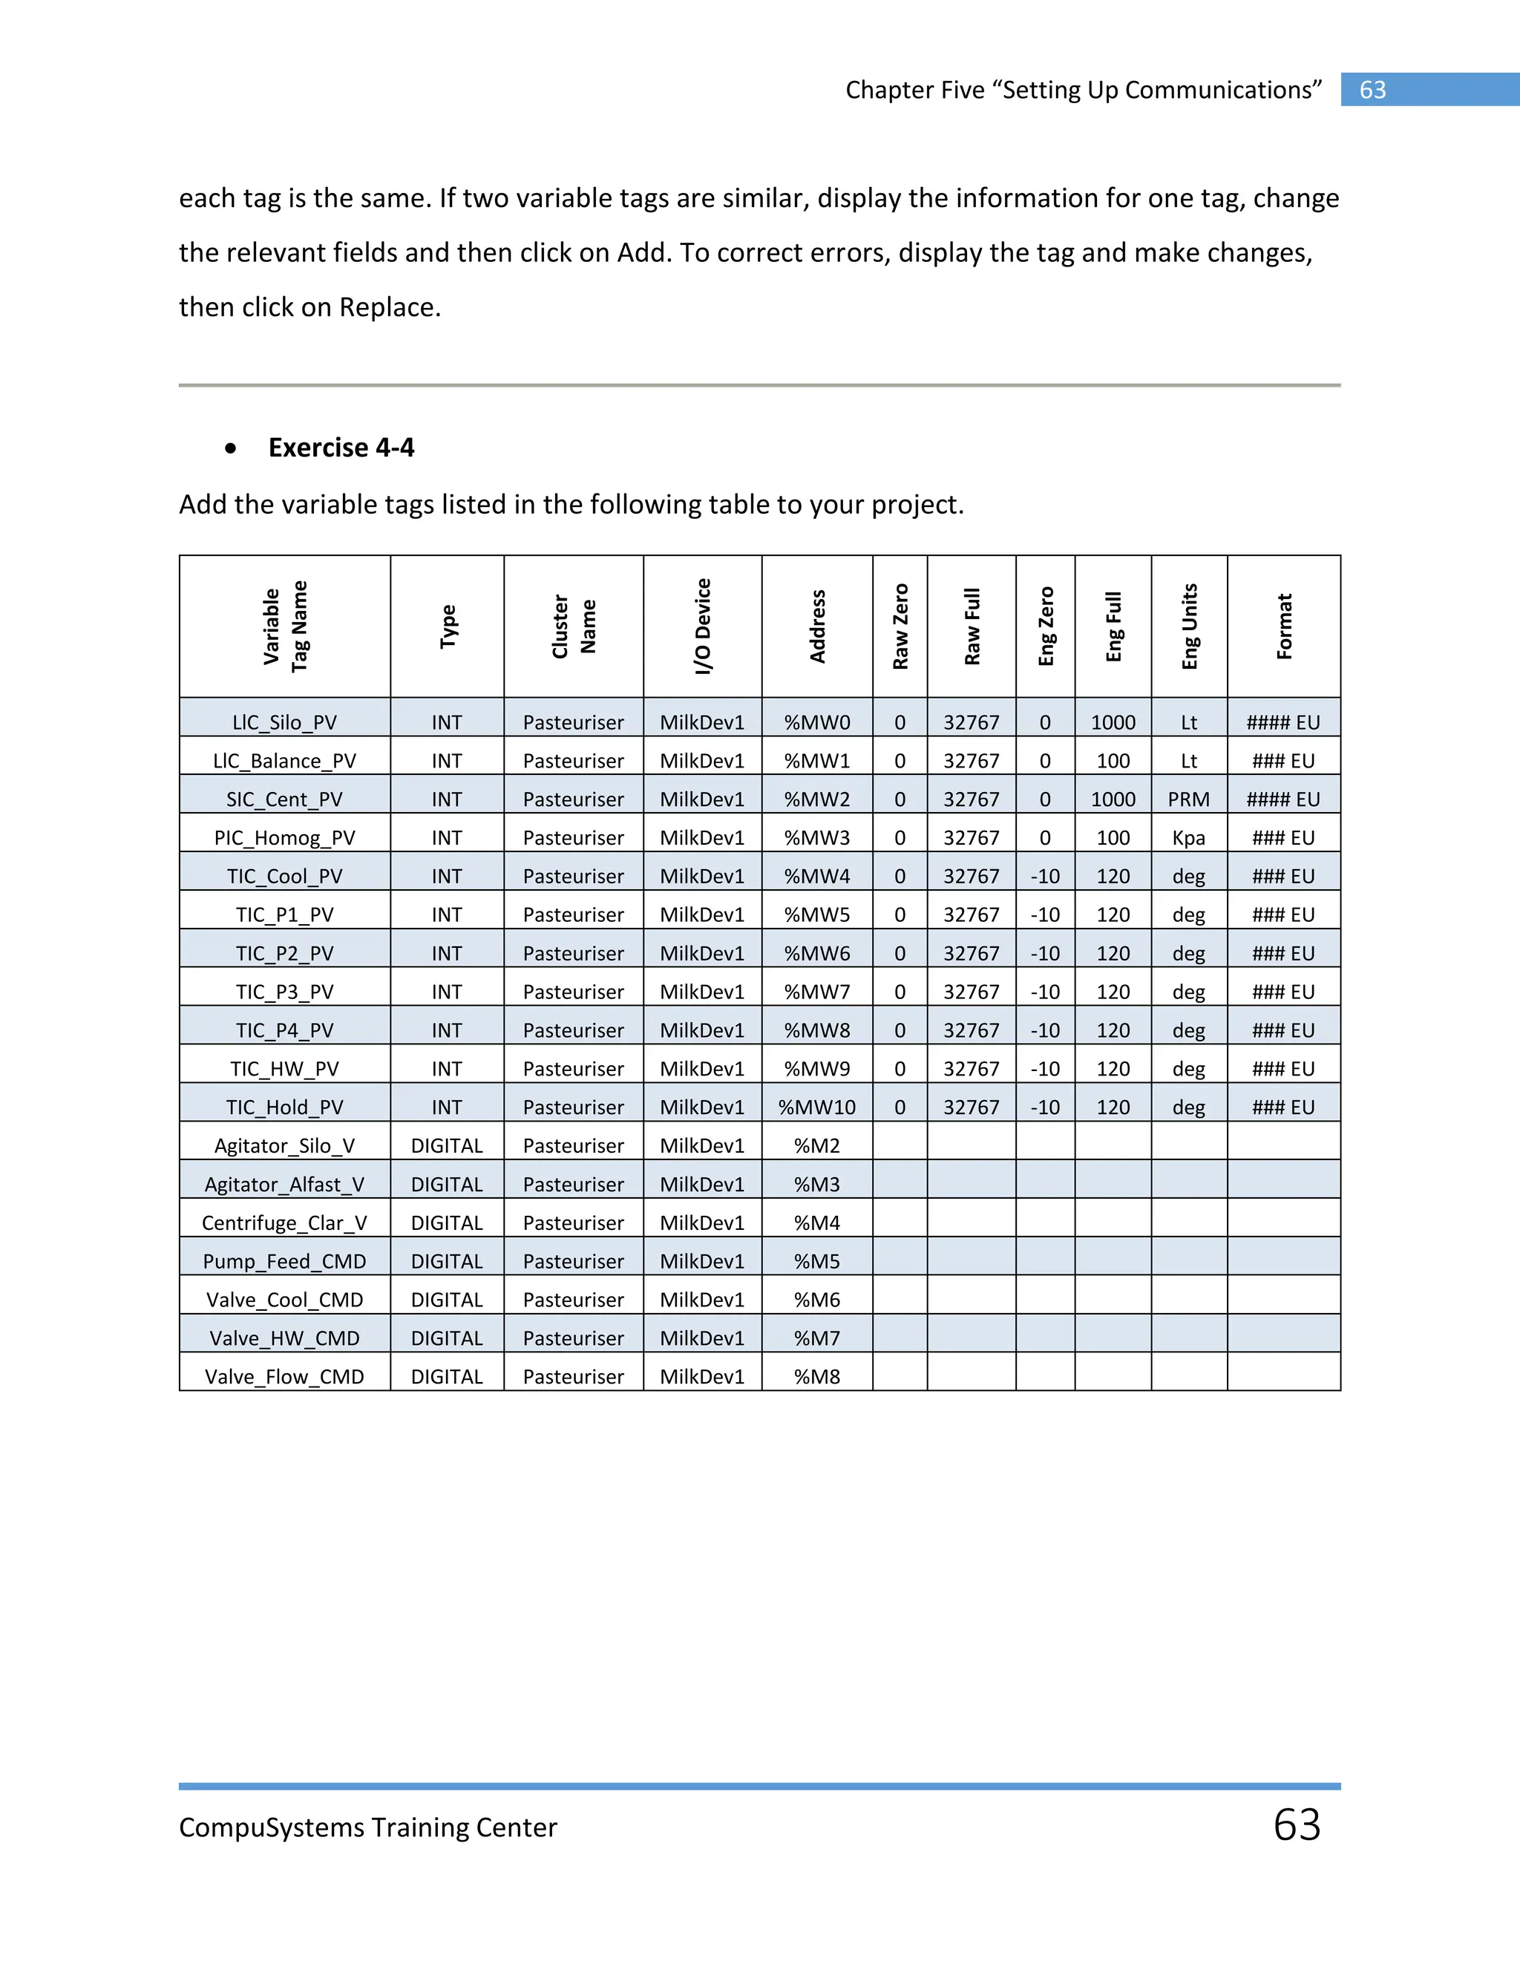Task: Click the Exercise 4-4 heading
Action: coord(341,448)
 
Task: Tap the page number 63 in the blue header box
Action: coord(1372,90)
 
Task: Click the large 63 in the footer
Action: coord(1297,1824)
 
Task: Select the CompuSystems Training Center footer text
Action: coord(367,1827)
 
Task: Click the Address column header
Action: coord(816,627)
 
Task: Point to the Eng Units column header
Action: coord(1189,627)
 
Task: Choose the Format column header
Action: coord(1283,627)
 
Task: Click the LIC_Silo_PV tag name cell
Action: coord(284,722)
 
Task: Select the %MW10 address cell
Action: coord(816,1107)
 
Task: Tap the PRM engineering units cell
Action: coord(1189,799)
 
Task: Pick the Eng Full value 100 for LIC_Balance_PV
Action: coord(1113,761)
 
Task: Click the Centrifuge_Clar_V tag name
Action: coord(284,1223)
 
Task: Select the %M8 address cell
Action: coord(816,1377)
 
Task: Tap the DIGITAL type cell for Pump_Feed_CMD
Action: coord(447,1262)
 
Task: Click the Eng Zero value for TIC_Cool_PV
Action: coord(1044,877)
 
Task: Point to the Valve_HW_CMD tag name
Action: coord(284,1338)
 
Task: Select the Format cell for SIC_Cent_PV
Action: coord(1283,799)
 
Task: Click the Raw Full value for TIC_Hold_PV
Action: coord(971,1107)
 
